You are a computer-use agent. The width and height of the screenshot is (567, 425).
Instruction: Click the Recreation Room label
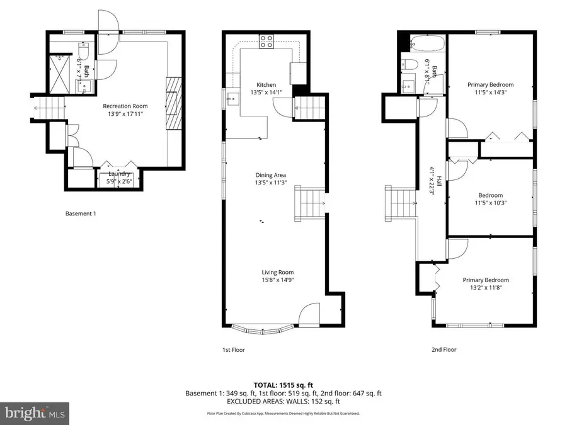coord(125,106)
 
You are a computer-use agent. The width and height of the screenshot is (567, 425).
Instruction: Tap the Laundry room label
coord(119,174)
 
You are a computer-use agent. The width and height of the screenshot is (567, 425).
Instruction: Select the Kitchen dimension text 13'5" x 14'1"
coord(266,93)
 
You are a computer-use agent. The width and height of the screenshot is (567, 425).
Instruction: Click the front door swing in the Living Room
coord(311,313)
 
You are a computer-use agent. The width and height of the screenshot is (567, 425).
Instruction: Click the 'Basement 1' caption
coord(81,213)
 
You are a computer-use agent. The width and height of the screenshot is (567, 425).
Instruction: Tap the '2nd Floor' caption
coord(444,349)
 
